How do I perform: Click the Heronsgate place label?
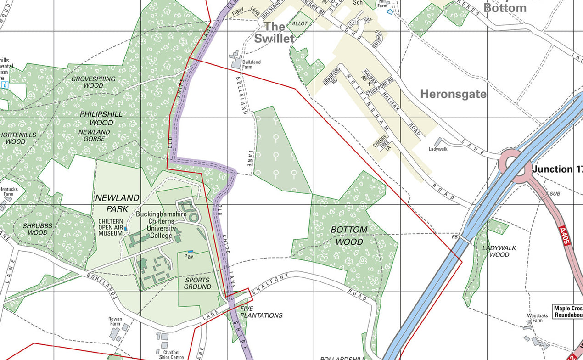pyautogui.click(x=453, y=94)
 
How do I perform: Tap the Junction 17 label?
pyautogui.click(x=557, y=169)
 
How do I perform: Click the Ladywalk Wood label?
pyautogui.click(x=499, y=251)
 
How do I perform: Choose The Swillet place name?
pyautogui.click(x=274, y=33)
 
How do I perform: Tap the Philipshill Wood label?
pyautogui.click(x=101, y=118)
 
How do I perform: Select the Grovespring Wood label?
pyautogui.click(x=93, y=82)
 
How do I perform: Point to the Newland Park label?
pyautogui.click(x=117, y=202)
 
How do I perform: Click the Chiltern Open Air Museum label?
pyautogui.click(x=110, y=227)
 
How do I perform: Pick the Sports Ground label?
pyautogui.click(x=197, y=283)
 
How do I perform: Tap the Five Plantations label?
pyautogui.click(x=261, y=312)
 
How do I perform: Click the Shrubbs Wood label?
pyautogui.click(x=38, y=229)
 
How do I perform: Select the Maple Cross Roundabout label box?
pyautogui.click(x=567, y=312)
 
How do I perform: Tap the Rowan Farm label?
pyautogui.click(x=115, y=321)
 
